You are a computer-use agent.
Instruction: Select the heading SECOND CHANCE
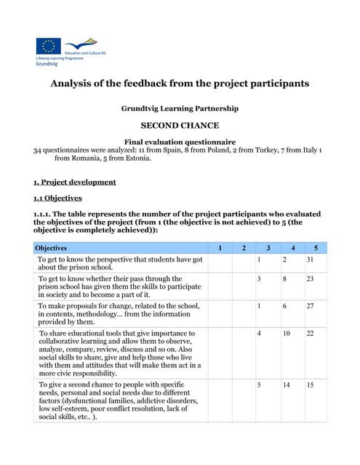pyautogui.click(x=180, y=125)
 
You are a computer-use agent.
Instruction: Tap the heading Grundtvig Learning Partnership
pyautogui.click(x=180, y=108)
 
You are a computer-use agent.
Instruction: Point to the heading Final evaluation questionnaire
pyautogui.click(x=180, y=141)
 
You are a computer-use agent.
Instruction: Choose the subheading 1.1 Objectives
pyautogui.click(x=57, y=198)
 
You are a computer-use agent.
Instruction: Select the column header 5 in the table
pyautogui.click(x=316, y=248)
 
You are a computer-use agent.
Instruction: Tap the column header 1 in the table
pyautogui.click(x=220, y=248)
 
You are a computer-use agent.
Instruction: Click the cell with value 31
pyautogui.click(x=311, y=259)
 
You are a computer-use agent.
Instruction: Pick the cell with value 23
pyautogui.click(x=311, y=278)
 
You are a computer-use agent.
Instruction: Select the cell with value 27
pyautogui.click(x=311, y=306)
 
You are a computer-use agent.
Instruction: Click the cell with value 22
pyautogui.click(x=311, y=333)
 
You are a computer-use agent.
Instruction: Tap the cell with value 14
pyautogui.click(x=286, y=384)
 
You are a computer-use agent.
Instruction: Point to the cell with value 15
pyautogui.click(x=311, y=384)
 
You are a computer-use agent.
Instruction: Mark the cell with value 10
pyautogui.click(x=286, y=333)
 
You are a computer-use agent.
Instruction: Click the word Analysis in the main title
pyautogui.click(x=75, y=84)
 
